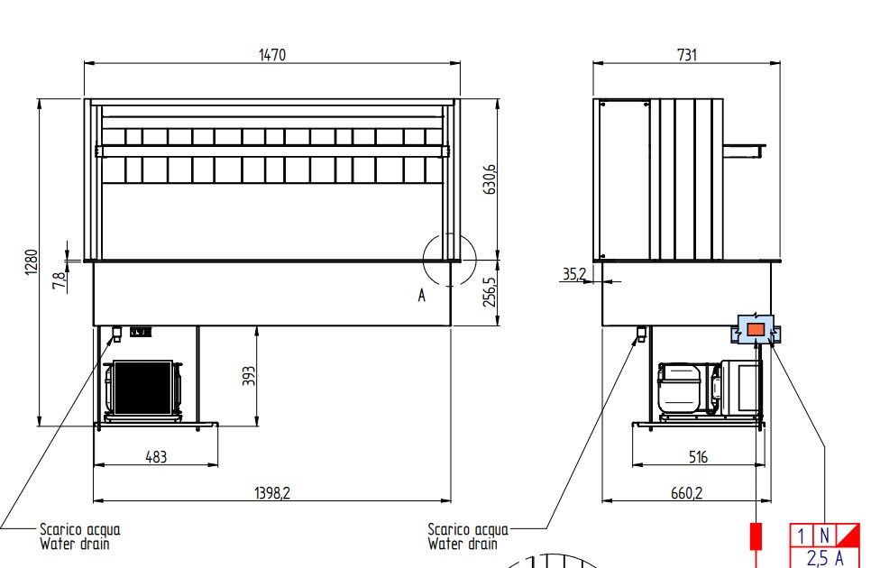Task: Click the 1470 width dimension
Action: click(271, 55)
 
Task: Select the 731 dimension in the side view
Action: click(686, 55)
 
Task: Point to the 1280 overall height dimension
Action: click(30, 262)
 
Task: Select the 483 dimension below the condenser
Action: click(156, 457)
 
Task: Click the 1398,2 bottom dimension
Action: click(271, 491)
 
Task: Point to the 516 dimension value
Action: click(698, 457)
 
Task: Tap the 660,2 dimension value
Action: click(687, 491)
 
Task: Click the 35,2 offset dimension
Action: click(574, 272)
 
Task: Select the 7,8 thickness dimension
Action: click(60, 279)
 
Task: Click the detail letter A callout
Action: click(421, 295)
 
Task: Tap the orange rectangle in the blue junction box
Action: click(756, 330)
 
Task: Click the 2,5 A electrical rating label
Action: click(825, 558)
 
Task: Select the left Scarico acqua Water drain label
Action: click(79, 536)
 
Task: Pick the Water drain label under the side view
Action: click(462, 544)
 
